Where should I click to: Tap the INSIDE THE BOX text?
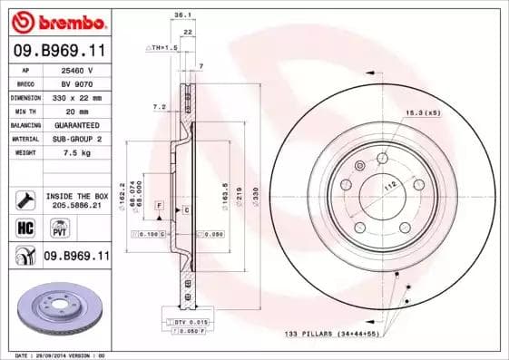pos(77,195)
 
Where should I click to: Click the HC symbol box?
pos(25,227)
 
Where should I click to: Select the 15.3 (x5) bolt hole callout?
pos(422,112)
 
